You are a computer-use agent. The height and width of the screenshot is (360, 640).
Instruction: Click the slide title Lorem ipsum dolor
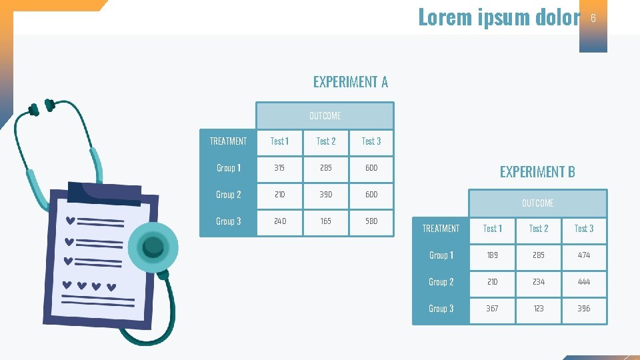[499, 17]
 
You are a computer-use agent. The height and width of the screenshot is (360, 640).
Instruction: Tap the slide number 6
[593, 18]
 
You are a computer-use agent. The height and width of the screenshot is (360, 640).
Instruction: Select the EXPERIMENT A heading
[350, 82]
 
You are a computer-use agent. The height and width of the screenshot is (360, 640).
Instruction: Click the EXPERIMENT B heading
[537, 171]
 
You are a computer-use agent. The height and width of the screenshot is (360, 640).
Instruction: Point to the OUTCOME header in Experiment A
[325, 116]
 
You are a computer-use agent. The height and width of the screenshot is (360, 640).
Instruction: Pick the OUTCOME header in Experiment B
[537, 203]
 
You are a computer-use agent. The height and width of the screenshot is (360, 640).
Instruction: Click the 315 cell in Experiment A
[279, 168]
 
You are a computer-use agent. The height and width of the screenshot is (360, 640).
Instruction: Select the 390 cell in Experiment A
[325, 195]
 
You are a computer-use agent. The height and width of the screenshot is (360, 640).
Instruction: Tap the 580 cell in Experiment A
[371, 221]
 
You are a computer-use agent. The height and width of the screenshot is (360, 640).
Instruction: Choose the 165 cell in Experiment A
[325, 221]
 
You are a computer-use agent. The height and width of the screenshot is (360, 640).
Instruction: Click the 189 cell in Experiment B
[492, 255]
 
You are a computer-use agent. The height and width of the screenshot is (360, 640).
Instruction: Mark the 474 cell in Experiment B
[583, 255]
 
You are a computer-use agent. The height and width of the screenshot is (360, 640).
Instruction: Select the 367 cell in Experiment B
[492, 309]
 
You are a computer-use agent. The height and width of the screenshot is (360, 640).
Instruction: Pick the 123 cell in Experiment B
[538, 309]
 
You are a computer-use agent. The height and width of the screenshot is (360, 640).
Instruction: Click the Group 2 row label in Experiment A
[228, 195]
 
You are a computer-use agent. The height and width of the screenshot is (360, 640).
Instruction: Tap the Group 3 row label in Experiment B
[441, 309]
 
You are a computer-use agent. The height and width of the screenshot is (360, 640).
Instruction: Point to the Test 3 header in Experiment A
[371, 141]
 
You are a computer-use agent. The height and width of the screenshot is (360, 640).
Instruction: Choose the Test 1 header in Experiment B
[492, 229]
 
